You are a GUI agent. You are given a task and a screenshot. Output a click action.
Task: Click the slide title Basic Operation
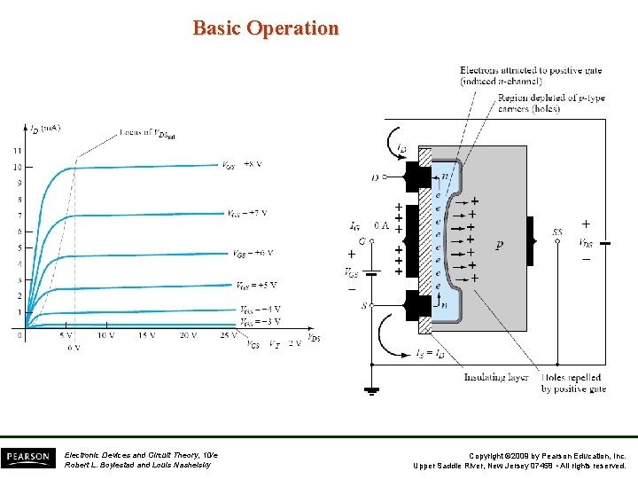point(266,28)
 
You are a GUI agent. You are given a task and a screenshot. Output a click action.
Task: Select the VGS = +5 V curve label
point(256,285)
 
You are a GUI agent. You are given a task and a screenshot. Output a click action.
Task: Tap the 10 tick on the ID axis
point(17,167)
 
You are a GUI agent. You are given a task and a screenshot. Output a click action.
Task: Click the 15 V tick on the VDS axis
point(146,335)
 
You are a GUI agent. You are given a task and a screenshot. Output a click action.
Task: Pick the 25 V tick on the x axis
point(229,335)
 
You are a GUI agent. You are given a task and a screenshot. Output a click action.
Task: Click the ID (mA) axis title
point(45,129)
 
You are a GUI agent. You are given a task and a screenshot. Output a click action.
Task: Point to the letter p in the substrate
point(500,246)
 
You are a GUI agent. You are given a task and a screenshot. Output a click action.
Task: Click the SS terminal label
point(557,232)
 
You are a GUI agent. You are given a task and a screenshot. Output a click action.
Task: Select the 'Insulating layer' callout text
point(495,377)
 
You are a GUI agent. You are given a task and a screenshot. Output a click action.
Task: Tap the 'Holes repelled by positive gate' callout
point(572,383)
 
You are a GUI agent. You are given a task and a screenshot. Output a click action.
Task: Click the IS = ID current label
point(430,354)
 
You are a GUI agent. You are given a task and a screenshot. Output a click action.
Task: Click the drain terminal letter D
point(375,177)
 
